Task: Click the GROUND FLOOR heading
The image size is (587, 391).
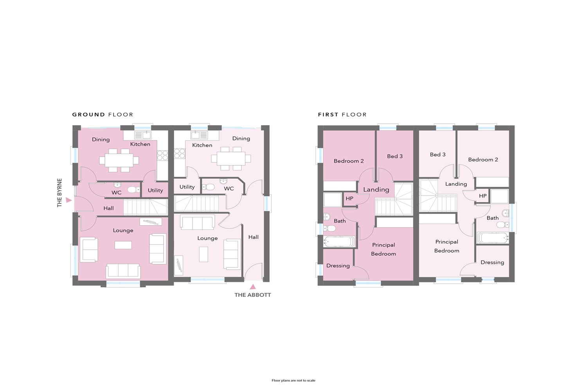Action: point(103,115)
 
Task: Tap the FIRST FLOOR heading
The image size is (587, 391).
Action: point(342,115)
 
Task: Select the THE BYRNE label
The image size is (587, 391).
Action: point(59,193)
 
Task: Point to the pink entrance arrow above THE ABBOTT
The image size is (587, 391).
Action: point(253,287)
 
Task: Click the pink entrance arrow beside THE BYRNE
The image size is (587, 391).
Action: point(68,200)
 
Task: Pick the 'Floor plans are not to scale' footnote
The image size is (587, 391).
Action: point(293,380)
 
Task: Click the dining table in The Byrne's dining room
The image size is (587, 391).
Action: point(119,160)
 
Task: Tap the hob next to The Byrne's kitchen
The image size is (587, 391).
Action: point(162,155)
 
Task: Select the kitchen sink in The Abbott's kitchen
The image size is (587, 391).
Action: point(200,135)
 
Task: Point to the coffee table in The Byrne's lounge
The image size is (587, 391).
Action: point(123,245)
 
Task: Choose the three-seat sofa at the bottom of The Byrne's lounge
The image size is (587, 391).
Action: point(123,271)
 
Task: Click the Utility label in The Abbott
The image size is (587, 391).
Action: point(187,187)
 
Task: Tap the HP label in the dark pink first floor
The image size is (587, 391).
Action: point(349,199)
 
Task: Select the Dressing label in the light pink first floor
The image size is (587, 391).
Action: point(492,262)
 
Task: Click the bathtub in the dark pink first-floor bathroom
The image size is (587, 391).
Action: point(339,241)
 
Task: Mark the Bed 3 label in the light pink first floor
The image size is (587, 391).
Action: point(438,154)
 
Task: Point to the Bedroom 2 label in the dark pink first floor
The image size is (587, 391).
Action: point(349,161)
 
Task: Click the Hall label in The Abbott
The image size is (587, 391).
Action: point(254,237)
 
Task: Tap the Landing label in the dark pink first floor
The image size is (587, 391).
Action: point(376,190)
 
